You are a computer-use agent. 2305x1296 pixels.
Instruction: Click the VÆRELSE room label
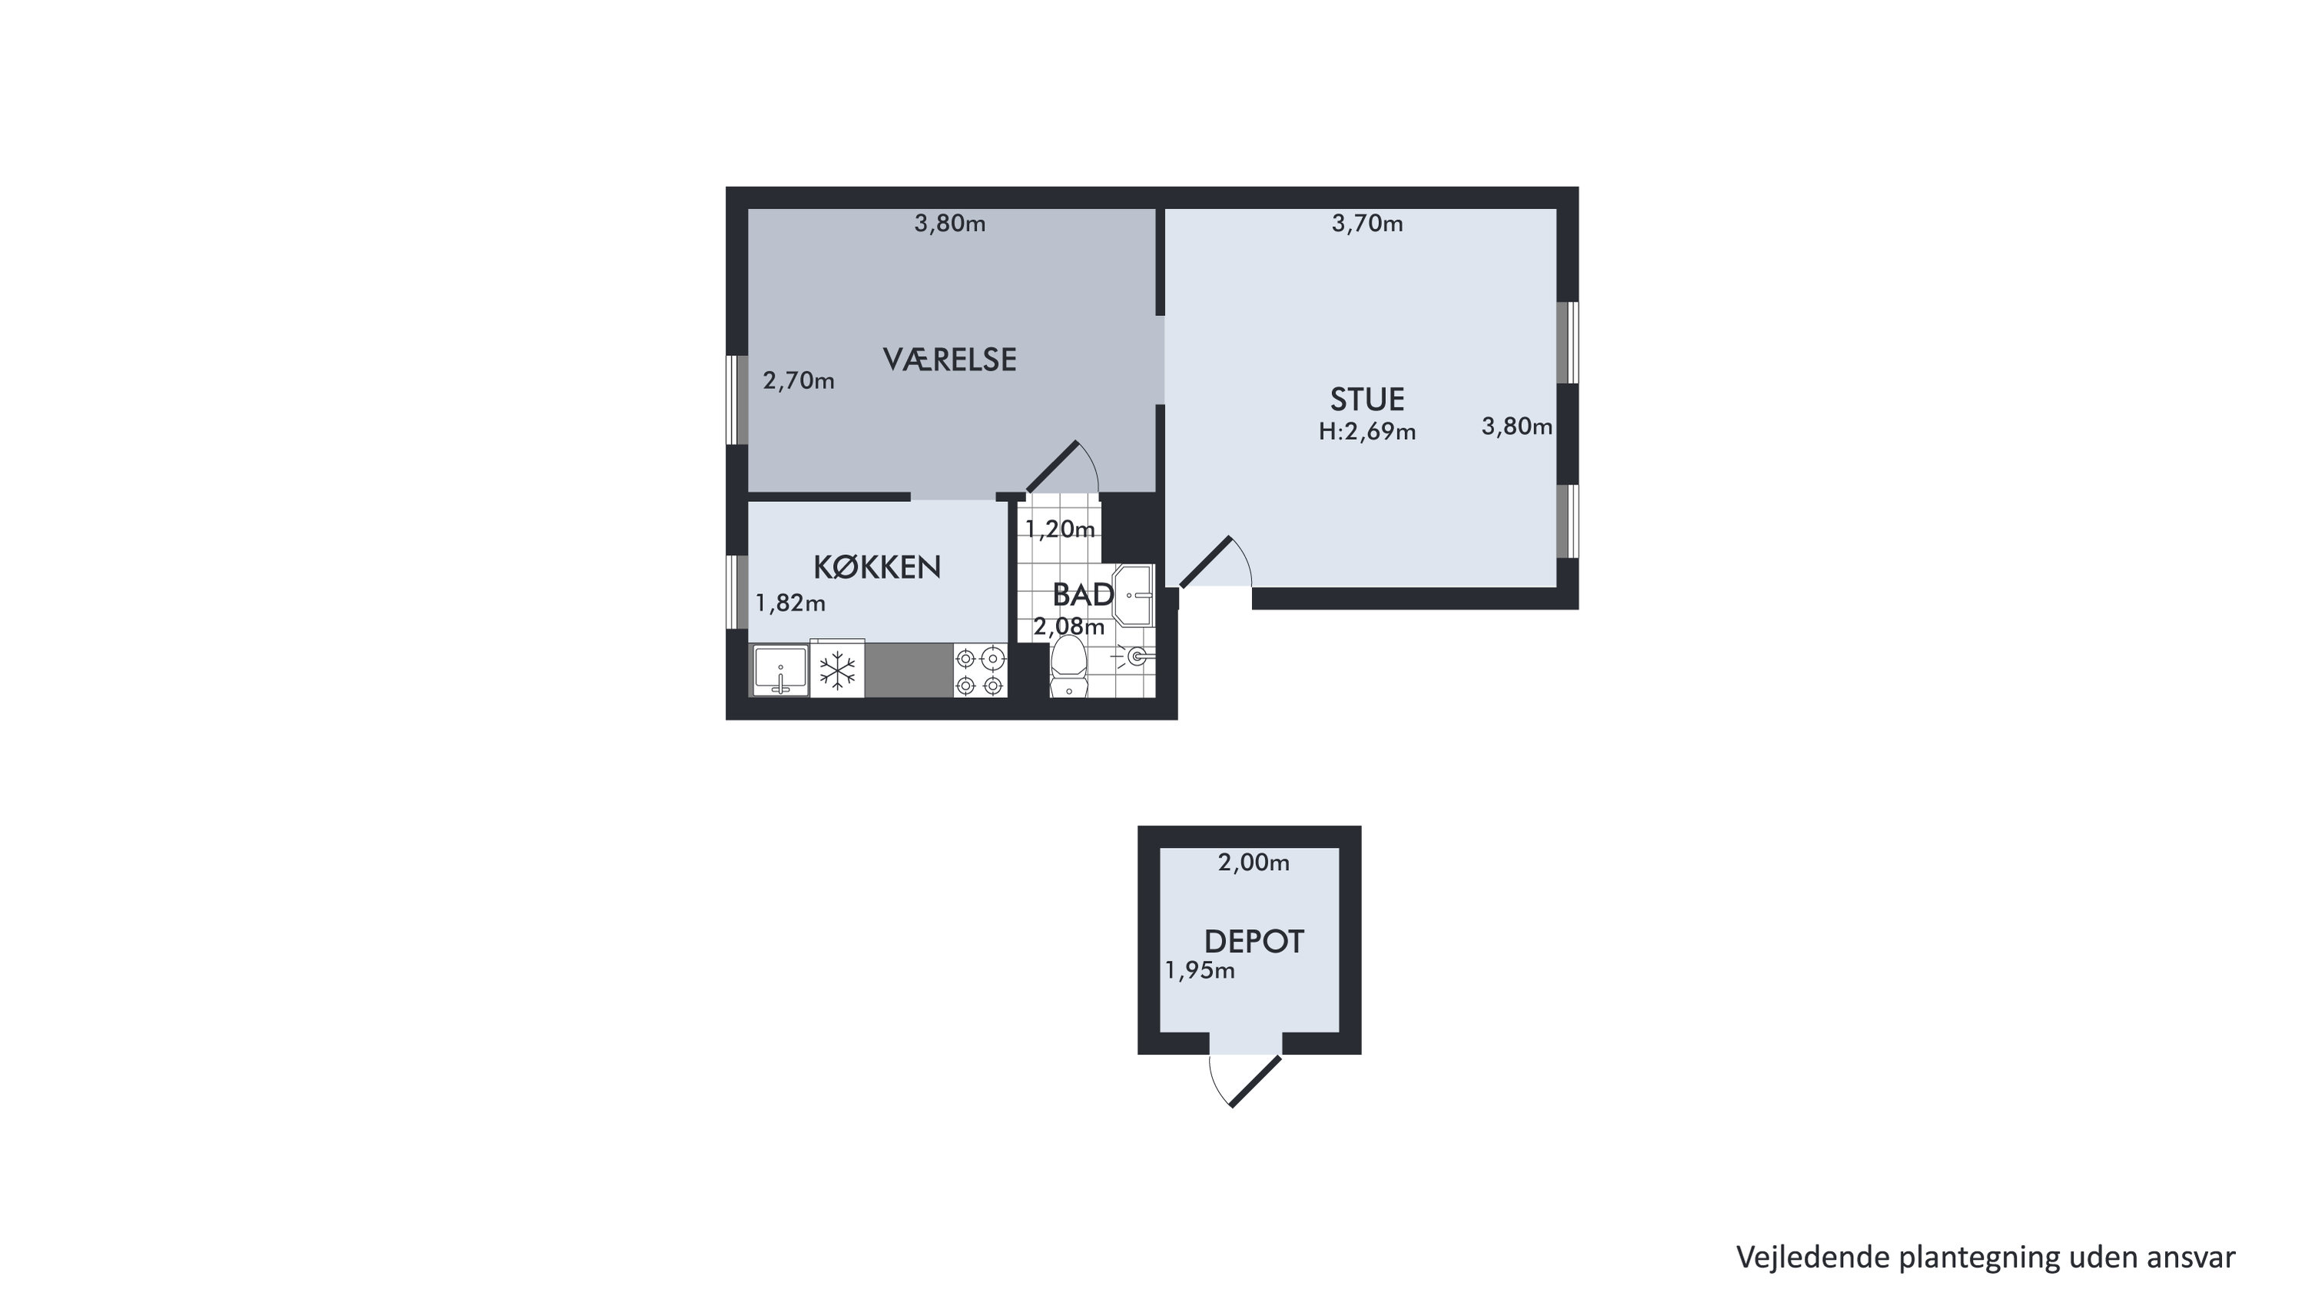[x=949, y=360]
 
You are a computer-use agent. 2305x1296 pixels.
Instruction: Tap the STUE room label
[x=1367, y=399]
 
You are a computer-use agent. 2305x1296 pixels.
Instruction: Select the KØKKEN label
[x=877, y=567]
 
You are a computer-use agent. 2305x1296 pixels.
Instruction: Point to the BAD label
[x=1083, y=594]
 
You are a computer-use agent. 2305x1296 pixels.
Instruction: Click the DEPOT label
[x=1254, y=942]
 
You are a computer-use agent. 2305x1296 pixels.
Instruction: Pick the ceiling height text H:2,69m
[x=1367, y=432]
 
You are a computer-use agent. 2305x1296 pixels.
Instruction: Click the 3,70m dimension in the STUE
[x=1367, y=224]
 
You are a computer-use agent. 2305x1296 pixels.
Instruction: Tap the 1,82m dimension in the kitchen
[x=790, y=603]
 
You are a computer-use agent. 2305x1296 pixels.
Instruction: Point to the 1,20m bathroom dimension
[x=1061, y=529]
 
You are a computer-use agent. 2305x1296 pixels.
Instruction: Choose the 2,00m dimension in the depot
[x=1254, y=862]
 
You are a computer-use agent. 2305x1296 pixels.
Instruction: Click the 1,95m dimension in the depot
[x=1200, y=971]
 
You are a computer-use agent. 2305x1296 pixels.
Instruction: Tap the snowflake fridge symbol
[x=838, y=670]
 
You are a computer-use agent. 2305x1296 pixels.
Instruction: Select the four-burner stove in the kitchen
[x=980, y=671]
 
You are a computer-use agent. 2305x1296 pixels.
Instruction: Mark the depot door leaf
[x=1257, y=1082]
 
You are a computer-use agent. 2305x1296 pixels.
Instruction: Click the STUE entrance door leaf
[x=1206, y=562]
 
